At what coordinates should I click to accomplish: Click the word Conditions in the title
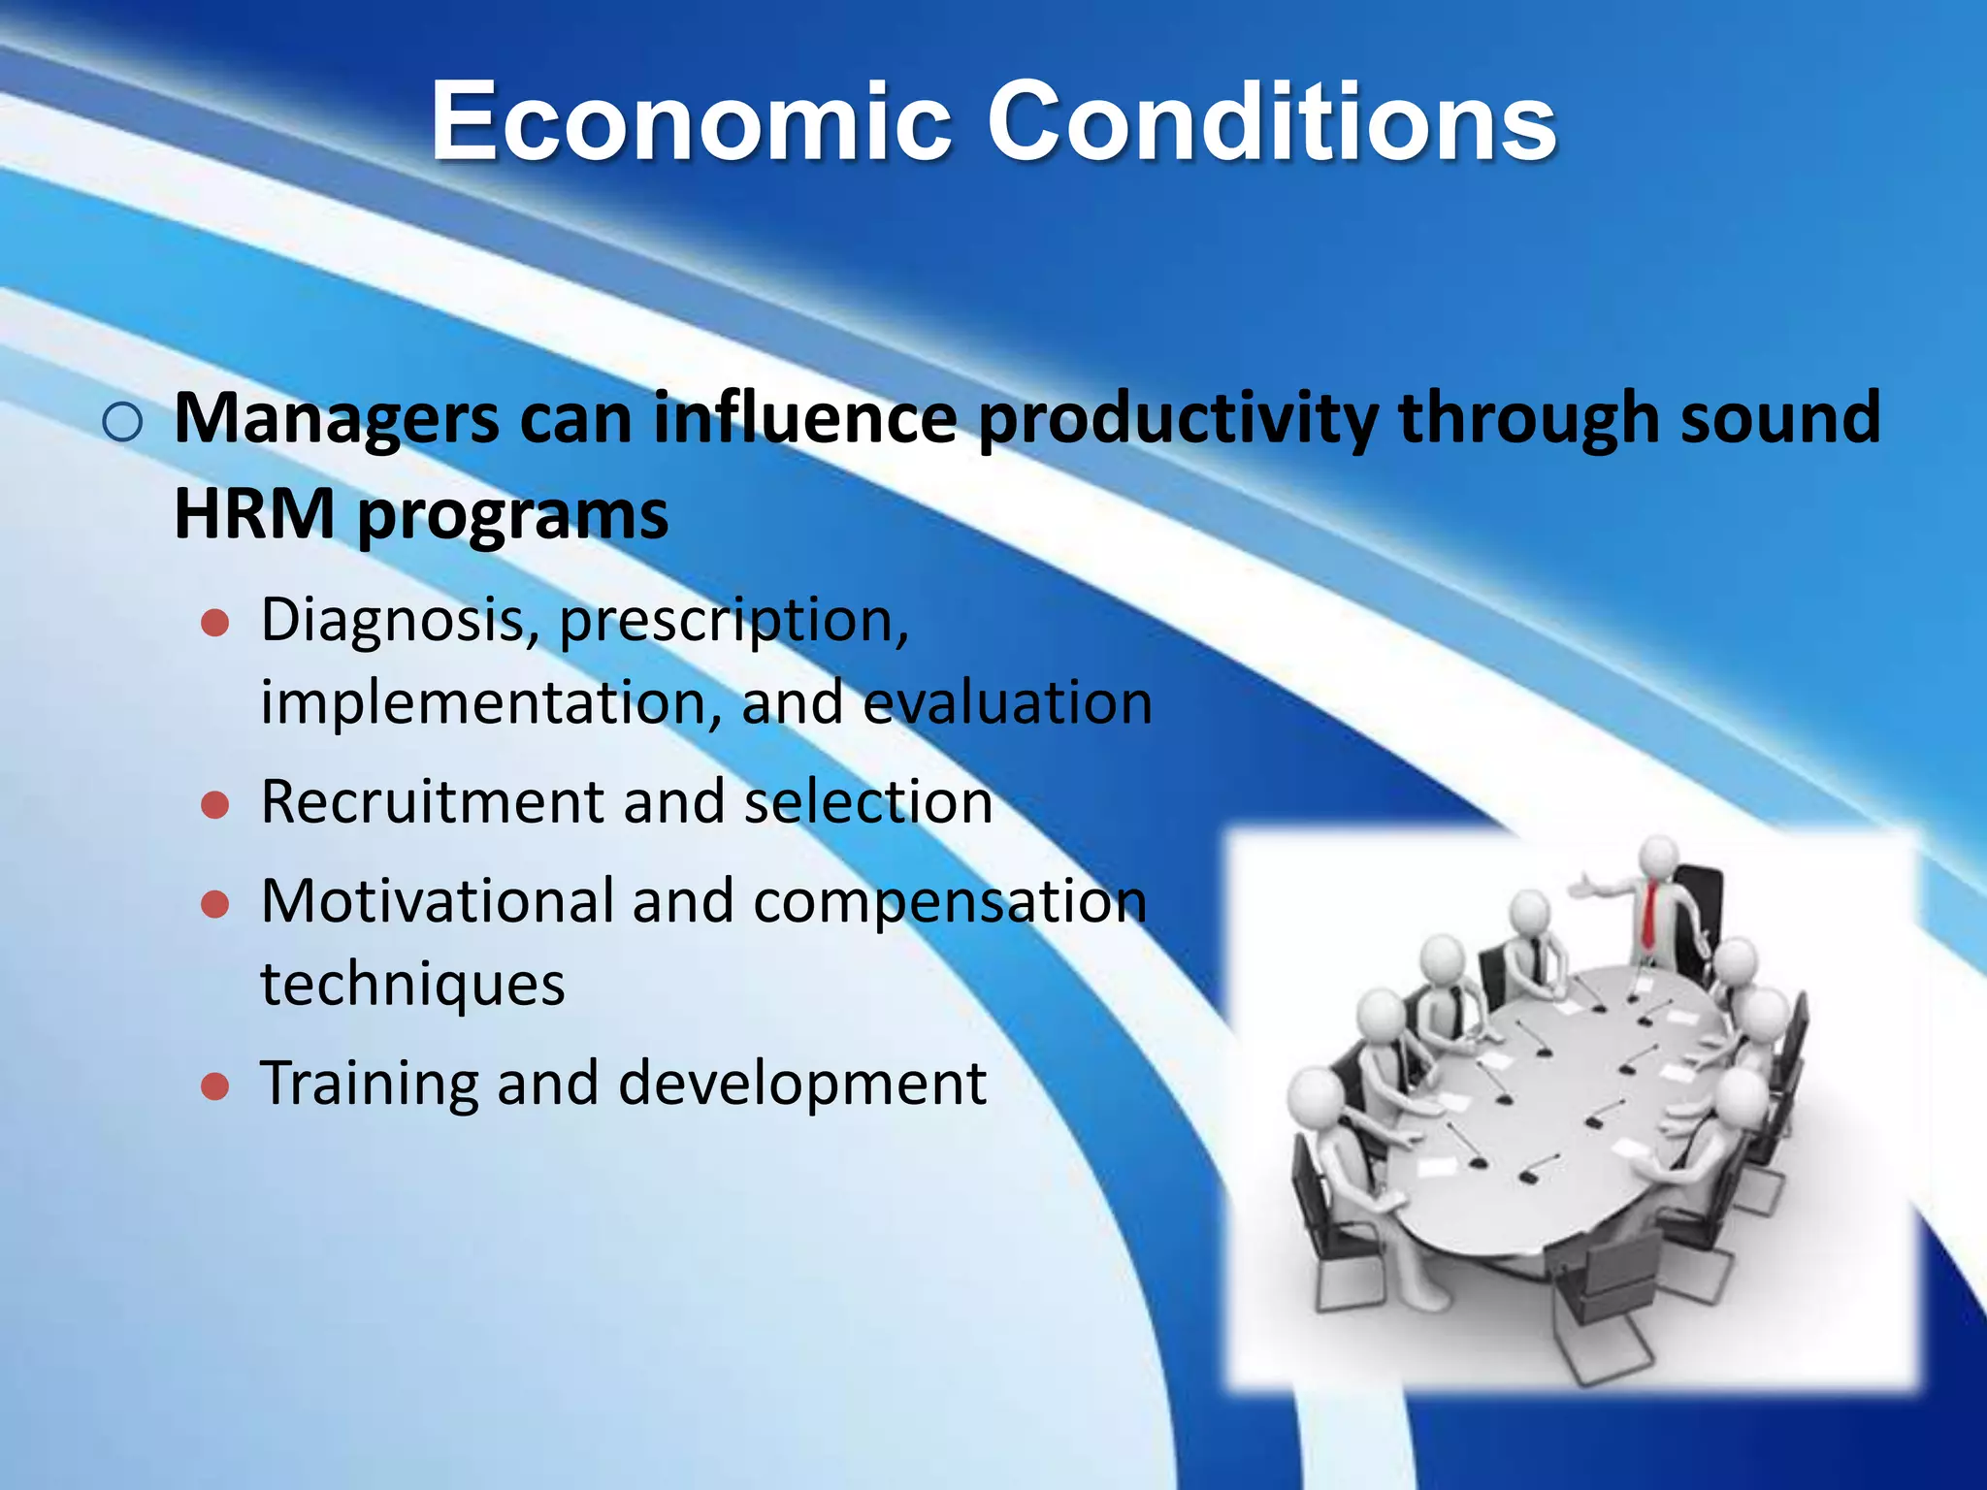point(1271,123)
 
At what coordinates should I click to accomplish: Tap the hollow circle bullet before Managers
point(122,423)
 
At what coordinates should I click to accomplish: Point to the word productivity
point(1177,419)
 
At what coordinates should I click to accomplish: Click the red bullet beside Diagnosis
point(214,623)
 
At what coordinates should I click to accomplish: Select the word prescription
point(733,621)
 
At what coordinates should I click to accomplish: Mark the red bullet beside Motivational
point(214,904)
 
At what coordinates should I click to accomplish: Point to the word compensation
point(950,901)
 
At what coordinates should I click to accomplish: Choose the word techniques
point(412,985)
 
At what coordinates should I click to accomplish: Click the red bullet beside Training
point(214,1086)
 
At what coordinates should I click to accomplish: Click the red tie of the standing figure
point(1648,915)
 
